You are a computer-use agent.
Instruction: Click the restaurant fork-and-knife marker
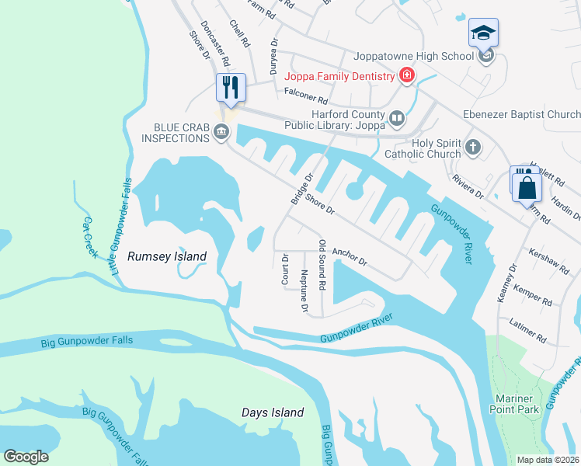(x=231, y=87)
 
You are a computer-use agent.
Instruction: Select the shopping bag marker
(x=526, y=186)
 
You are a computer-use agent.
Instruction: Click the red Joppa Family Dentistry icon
(x=405, y=75)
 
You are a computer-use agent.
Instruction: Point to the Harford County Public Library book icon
(x=397, y=118)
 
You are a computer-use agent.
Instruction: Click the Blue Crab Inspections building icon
(x=221, y=133)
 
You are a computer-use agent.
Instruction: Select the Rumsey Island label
(x=167, y=256)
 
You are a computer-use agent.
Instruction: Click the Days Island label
(x=272, y=412)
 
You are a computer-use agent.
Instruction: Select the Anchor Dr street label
(x=350, y=257)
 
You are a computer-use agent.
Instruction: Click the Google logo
(x=26, y=457)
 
